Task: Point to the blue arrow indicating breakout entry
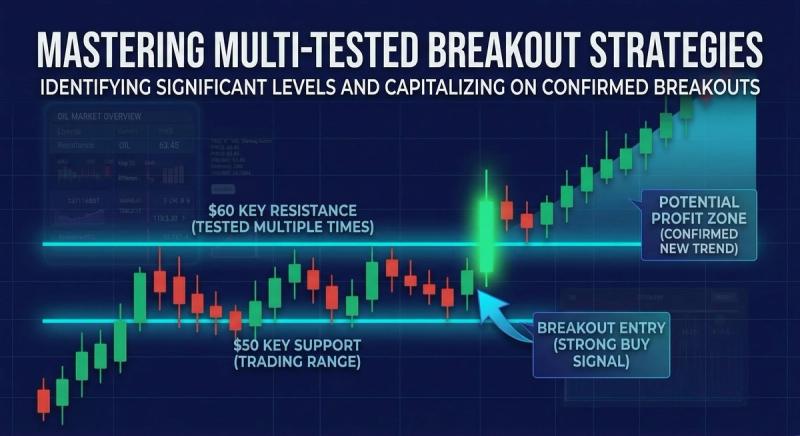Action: (x=498, y=306)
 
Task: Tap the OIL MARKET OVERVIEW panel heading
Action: (x=99, y=117)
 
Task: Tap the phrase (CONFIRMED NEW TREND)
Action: (x=692, y=241)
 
